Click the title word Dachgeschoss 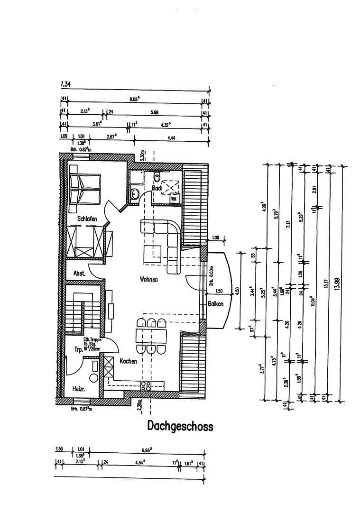180,426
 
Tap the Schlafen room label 87,219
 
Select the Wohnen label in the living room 148,279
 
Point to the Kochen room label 128,361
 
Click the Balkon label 215,303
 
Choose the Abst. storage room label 79,274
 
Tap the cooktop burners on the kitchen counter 145,385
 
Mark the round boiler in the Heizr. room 93,378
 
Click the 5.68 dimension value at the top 155,112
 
